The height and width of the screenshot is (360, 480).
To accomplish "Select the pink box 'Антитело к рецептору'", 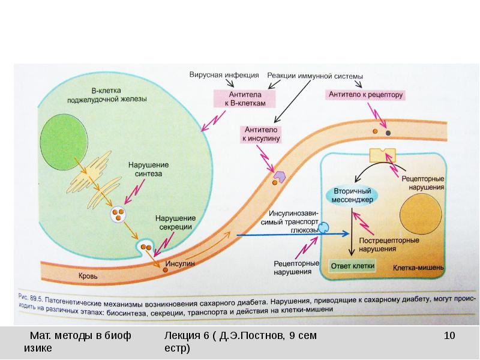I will coord(365,94).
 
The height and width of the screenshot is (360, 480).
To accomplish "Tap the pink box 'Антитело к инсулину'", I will coord(261,134).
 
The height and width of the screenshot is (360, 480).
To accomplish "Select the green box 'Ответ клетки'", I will coord(354,265).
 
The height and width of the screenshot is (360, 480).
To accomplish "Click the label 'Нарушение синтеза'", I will coord(148,169).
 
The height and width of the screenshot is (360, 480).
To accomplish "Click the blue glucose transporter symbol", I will coord(323,227).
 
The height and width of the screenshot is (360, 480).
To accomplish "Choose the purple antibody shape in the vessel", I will coord(280,176).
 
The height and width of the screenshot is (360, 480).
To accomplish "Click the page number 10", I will coord(449,335).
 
